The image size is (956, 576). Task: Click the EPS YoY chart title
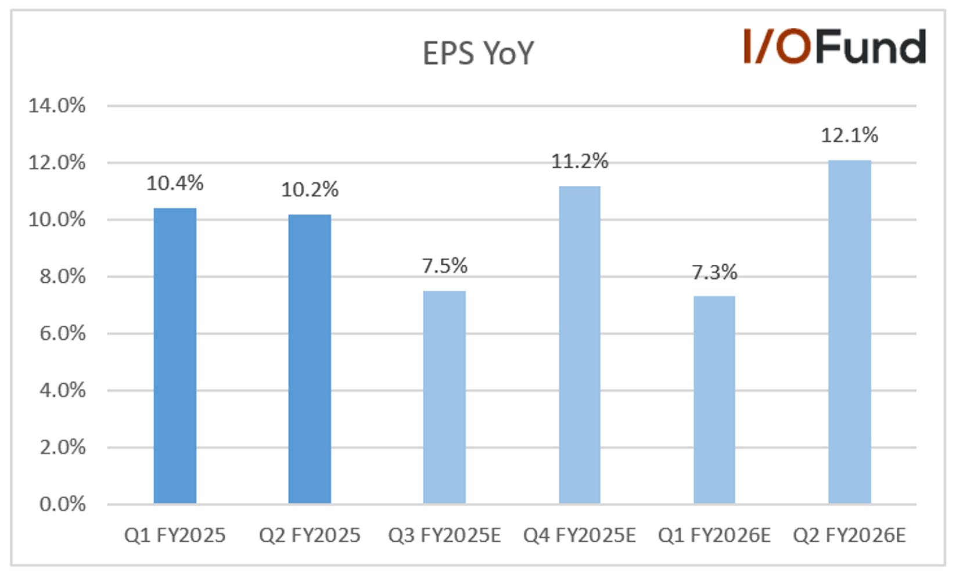(x=478, y=53)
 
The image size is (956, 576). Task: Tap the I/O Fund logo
(x=835, y=46)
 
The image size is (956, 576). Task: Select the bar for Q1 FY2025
(x=175, y=356)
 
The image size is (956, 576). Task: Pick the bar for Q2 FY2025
(x=310, y=359)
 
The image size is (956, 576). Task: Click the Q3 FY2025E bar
(x=444, y=397)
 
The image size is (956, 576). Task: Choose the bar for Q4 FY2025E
(x=580, y=345)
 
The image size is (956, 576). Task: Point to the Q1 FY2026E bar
(x=714, y=400)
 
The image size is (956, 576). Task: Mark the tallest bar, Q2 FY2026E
(x=850, y=332)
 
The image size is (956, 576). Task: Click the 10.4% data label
(x=175, y=183)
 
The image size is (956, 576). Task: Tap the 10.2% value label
(x=310, y=190)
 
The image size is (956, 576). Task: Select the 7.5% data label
(x=445, y=266)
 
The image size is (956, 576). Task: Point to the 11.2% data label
(x=580, y=161)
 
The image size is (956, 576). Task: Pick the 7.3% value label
(x=714, y=272)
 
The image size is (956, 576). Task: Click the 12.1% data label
(x=850, y=135)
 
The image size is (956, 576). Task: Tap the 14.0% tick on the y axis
(x=57, y=105)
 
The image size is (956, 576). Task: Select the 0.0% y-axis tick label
(x=62, y=505)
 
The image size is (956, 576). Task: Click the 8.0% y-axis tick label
(x=62, y=276)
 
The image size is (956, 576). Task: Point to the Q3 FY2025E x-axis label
(x=444, y=535)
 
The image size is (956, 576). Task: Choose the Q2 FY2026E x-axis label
(x=849, y=535)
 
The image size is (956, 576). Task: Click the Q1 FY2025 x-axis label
(x=175, y=535)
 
